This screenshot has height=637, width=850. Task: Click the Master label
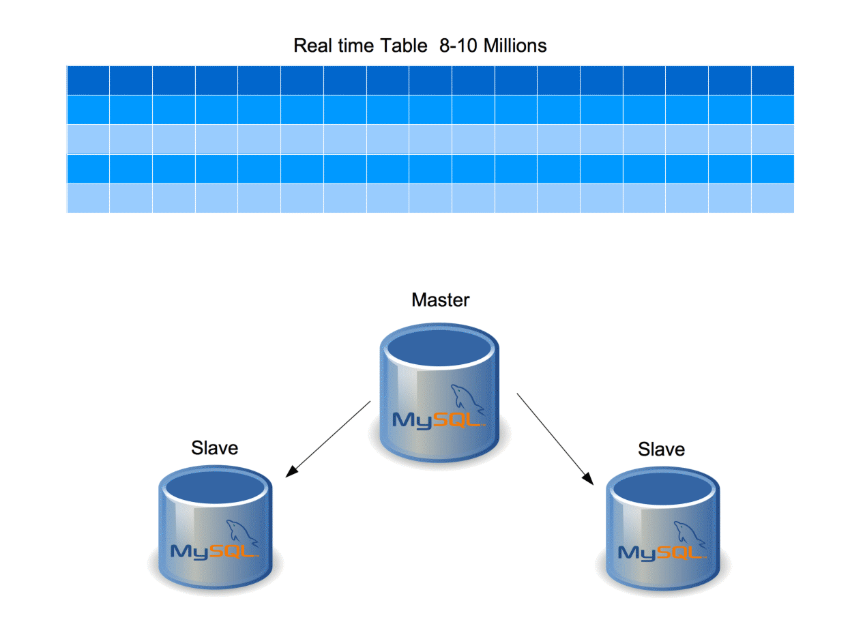point(441,300)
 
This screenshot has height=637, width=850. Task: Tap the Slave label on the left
point(215,448)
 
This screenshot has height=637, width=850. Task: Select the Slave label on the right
point(661,449)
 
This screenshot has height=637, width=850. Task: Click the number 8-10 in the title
point(460,46)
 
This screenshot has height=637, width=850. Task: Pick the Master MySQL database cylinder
point(439,402)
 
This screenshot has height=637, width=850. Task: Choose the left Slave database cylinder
point(216,532)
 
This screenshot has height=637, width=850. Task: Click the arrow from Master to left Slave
point(328,439)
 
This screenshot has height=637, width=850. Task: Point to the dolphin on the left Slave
point(243,532)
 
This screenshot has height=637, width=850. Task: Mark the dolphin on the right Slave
point(690,534)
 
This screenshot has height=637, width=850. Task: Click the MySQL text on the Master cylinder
point(438,420)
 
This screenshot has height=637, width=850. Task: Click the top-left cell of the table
point(88,80)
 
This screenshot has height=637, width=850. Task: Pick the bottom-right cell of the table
point(773,198)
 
